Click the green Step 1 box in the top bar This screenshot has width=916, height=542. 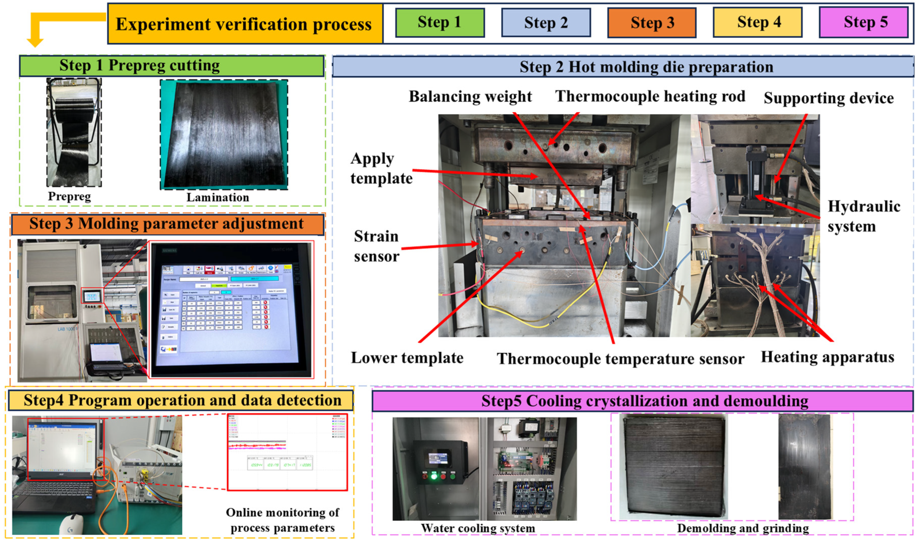[440, 23]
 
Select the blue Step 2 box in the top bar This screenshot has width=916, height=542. [546, 23]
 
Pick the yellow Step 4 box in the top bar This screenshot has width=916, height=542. [758, 23]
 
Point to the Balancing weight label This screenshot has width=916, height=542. [470, 97]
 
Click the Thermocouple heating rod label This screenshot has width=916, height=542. [650, 97]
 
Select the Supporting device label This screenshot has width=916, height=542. [828, 98]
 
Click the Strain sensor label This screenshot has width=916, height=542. [376, 246]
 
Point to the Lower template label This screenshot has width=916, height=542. [407, 358]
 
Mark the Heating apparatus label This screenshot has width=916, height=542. [827, 357]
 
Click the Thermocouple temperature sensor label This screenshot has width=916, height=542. [620, 359]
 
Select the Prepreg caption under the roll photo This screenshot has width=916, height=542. [69, 196]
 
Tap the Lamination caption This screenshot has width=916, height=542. [218, 198]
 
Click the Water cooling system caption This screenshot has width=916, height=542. [478, 529]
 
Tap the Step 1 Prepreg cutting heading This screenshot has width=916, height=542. [140, 66]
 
